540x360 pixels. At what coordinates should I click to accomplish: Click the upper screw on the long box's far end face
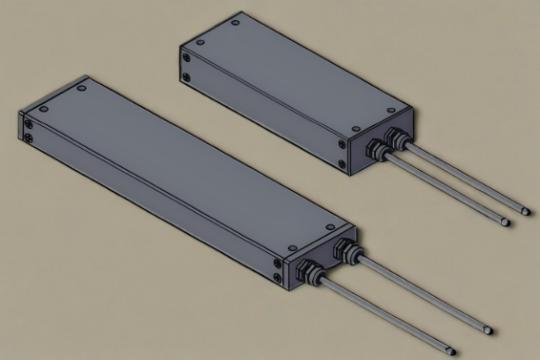click(x=31, y=122)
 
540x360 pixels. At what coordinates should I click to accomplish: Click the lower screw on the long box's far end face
click(x=31, y=139)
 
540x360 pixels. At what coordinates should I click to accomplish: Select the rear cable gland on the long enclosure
click(x=344, y=250)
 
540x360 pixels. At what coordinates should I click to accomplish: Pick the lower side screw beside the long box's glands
click(x=276, y=278)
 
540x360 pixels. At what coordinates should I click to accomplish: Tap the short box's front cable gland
click(x=376, y=150)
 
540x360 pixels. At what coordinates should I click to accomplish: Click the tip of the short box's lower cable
click(x=506, y=222)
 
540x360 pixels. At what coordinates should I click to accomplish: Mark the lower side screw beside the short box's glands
click(x=346, y=163)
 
